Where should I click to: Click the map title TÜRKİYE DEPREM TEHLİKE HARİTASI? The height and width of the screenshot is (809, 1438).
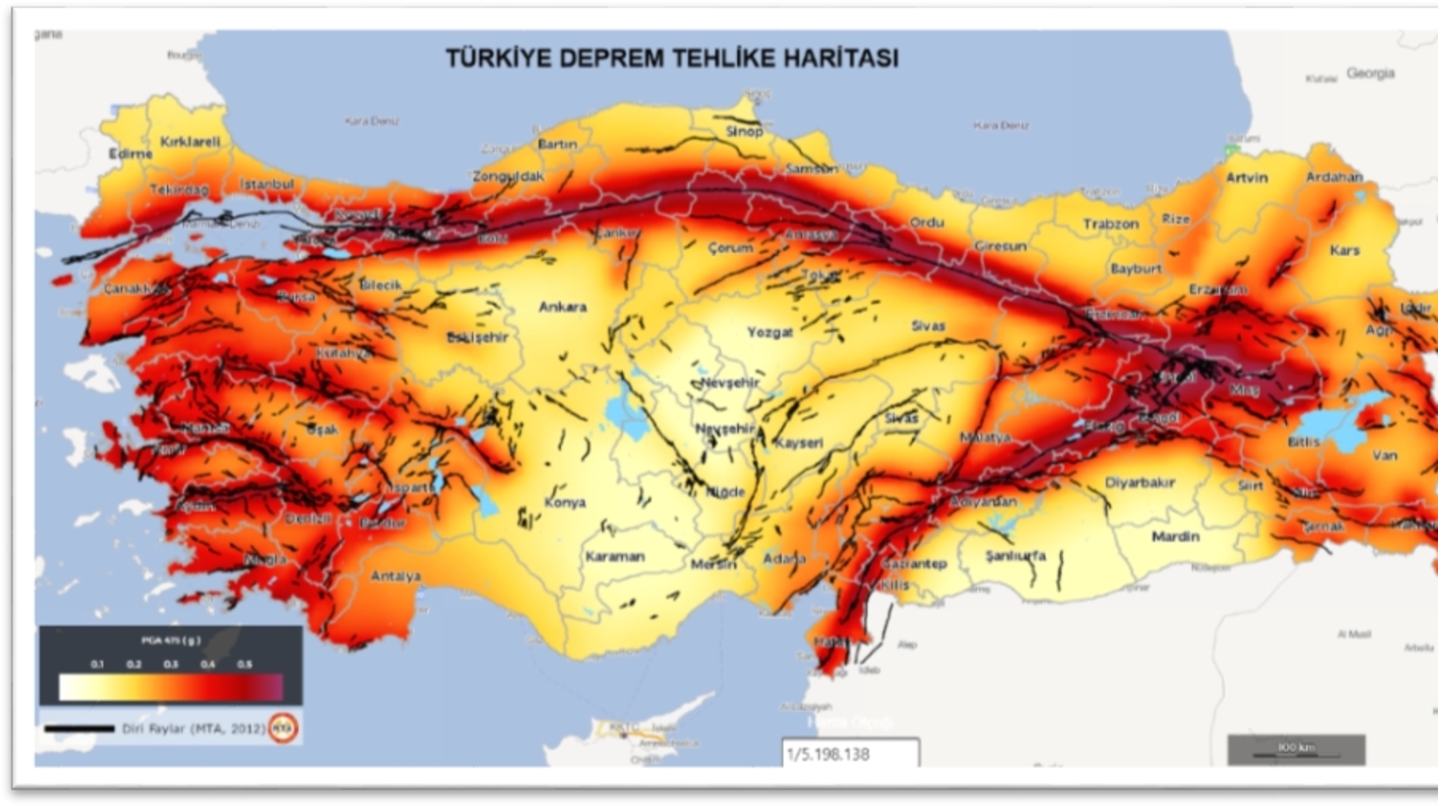pos(672,58)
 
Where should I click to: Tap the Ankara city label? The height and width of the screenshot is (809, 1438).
pos(562,307)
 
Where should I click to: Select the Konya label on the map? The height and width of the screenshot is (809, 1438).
pos(565,503)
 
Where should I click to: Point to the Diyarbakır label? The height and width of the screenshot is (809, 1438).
pos(1140,483)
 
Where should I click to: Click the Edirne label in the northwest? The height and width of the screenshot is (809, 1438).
pos(130,154)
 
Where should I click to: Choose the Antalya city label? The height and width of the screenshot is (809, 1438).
pos(395,576)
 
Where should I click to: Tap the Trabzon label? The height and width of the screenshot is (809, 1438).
pos(1110,224)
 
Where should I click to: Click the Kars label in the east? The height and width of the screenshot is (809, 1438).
pos(1344,250)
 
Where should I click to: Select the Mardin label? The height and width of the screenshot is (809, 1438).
pos(1175,536)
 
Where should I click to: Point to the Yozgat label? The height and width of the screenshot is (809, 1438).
pos(770,332)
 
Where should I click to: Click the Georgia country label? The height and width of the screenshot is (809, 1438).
pos(1370,73)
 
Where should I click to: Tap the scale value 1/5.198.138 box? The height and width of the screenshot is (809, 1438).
pos(850,754)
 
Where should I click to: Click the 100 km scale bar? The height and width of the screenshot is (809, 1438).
pos(1296,750)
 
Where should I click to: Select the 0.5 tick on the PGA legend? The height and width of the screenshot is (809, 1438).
pos(245,664)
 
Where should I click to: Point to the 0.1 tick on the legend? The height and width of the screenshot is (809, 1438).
pos(97,664)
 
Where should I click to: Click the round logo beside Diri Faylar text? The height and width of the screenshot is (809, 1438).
pos(284,727)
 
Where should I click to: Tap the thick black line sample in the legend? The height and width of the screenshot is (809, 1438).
pos(79,729)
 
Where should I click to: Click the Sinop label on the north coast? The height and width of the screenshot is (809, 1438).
pos(744,131)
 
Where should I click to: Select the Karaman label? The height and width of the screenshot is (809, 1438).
pos(615,557)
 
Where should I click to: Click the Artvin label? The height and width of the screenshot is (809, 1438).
pos(1247,178)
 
